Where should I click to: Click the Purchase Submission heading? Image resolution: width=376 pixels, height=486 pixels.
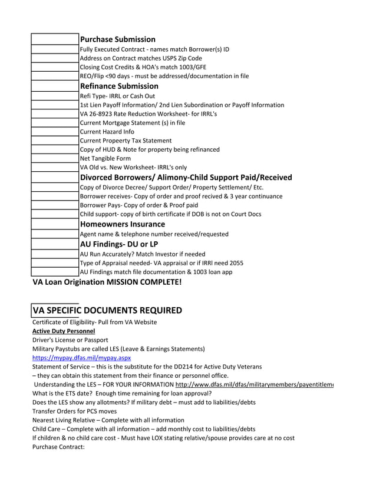pyautogui.click(x=117, y=39)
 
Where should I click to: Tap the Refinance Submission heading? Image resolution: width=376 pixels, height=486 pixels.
pyautogui.click(x=119, y=86)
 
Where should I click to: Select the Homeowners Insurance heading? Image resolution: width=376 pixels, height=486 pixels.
pyautogui.click(x=122, y=224)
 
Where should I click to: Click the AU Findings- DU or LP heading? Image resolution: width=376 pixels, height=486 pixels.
pyautogui.click(x=119, y=244)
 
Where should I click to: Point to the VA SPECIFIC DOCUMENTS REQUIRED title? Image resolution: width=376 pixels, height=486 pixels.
pyautogui.click(x=107, y=310)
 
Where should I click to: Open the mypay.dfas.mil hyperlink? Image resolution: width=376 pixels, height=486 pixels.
pyautogui.click(x=81, y=357)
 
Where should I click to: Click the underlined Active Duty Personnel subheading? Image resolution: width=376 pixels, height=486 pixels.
pyautogui.click(x=64, y=331)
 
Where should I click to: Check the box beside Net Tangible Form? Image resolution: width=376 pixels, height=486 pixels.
pyautogui.click(x=55, y=158)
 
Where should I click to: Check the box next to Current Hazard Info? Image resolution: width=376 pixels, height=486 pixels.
pyautogui.click(x=55, y=132)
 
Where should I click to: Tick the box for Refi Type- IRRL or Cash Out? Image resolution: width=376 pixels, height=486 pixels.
pyautogui.click(x=55, y=96)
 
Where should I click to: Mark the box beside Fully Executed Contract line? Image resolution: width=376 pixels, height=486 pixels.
pyautogui.click(x=55, y=49)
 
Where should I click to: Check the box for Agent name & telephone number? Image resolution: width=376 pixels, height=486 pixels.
pyautogui.click(x=55, y=234)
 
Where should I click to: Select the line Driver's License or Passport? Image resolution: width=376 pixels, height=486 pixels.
pyautogui.click(x=70, y=339)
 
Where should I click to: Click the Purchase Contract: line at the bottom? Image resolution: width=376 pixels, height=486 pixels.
pyautogui.click(x=59, y=447)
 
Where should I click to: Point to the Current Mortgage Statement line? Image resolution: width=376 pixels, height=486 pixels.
pyautogui.click(x=132, y=123)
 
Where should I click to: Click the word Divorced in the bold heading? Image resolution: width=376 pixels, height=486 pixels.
pyautogui.click(x=98, y=177)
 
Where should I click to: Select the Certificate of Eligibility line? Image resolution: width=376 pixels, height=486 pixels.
pyautogui.click(x=94, y=322)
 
